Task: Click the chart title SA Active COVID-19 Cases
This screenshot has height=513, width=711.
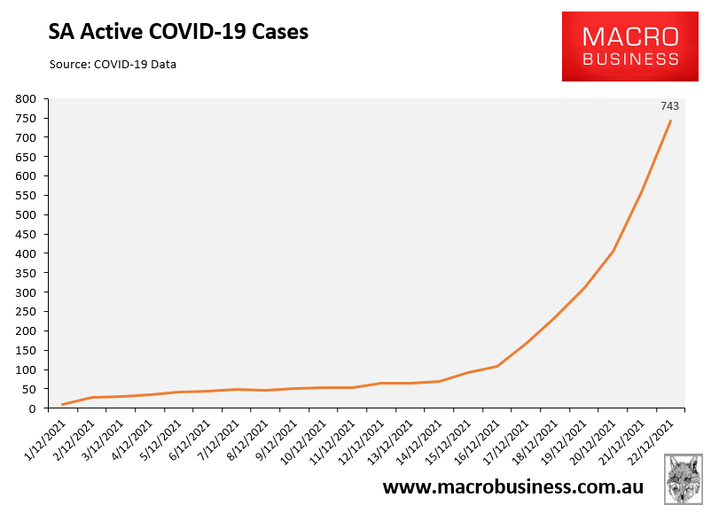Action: point(178,32)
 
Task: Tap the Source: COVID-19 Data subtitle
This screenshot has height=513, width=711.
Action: point(113,65)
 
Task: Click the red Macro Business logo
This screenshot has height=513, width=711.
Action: point(629,47)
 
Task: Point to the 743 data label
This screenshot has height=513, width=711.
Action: point(669,106)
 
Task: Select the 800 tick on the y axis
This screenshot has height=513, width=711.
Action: point(26,99)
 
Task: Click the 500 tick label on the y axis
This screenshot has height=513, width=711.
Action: point(26,214)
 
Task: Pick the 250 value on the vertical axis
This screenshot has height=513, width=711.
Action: point(26,312)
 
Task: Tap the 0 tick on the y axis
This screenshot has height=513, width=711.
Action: point(32,408)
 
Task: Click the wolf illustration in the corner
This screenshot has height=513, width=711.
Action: point(684,479)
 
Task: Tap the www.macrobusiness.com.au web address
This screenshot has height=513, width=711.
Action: point(512,487)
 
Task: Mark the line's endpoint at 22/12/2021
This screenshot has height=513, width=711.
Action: point(670,120)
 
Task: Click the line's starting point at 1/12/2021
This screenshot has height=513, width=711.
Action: point(63,405)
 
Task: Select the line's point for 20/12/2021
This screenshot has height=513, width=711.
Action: point(613,252)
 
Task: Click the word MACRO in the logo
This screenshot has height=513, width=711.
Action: point(630,36)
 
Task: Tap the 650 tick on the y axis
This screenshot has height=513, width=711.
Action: point(26,157)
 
